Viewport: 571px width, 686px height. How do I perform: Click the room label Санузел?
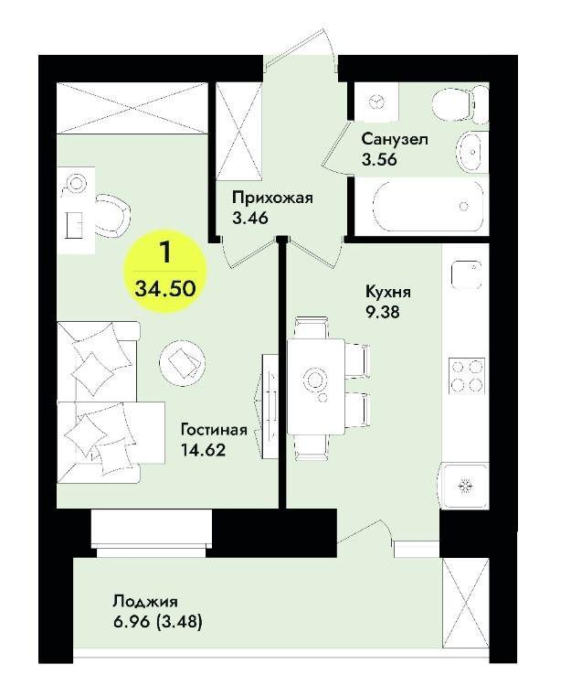(x=395, y=139)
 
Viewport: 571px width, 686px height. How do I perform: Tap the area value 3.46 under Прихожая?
(x=250, y=218)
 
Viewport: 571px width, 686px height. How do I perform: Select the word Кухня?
(x=388, y=292)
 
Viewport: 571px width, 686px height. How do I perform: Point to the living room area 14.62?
(x=203, y=449)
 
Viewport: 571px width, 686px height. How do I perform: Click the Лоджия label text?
(x=145, y=601)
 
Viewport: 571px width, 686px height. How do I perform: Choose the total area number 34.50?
(x=165, y=289)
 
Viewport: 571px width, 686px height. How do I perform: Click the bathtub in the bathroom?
(x=428, y=205)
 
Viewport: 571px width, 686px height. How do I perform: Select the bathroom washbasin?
(x=471, y=151)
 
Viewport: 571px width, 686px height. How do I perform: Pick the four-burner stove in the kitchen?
(x=467, y=375)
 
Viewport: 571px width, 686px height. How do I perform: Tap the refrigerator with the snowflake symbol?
(x=463, y=486)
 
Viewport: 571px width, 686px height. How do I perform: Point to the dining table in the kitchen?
(x=315, y=386)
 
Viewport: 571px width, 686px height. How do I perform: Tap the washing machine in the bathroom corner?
(x=376, y=102)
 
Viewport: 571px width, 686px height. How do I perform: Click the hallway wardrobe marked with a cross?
(x=239, y=131)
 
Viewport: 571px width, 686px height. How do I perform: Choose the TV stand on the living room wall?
(x=270, y=406)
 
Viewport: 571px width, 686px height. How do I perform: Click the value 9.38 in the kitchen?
(x=382, y=312)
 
